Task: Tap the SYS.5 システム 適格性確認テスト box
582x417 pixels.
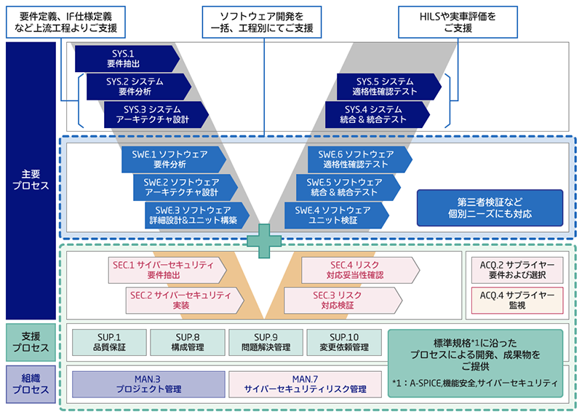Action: click(x=386, y=87)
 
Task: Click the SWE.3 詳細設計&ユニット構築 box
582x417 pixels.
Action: click(x=195, y=215)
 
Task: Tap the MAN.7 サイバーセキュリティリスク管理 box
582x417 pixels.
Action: click(x=305, y=384)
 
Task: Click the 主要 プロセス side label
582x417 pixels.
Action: click(x=30, y=180)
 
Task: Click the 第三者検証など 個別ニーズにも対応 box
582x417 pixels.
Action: click(x=490, y=208)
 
